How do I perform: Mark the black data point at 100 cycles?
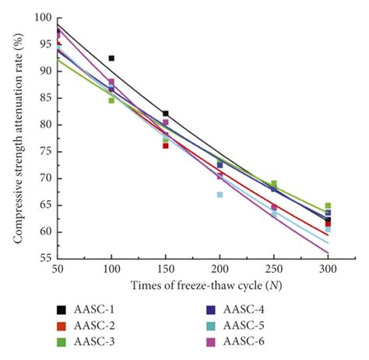coord(111,58)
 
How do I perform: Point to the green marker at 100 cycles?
coord(111,100)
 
